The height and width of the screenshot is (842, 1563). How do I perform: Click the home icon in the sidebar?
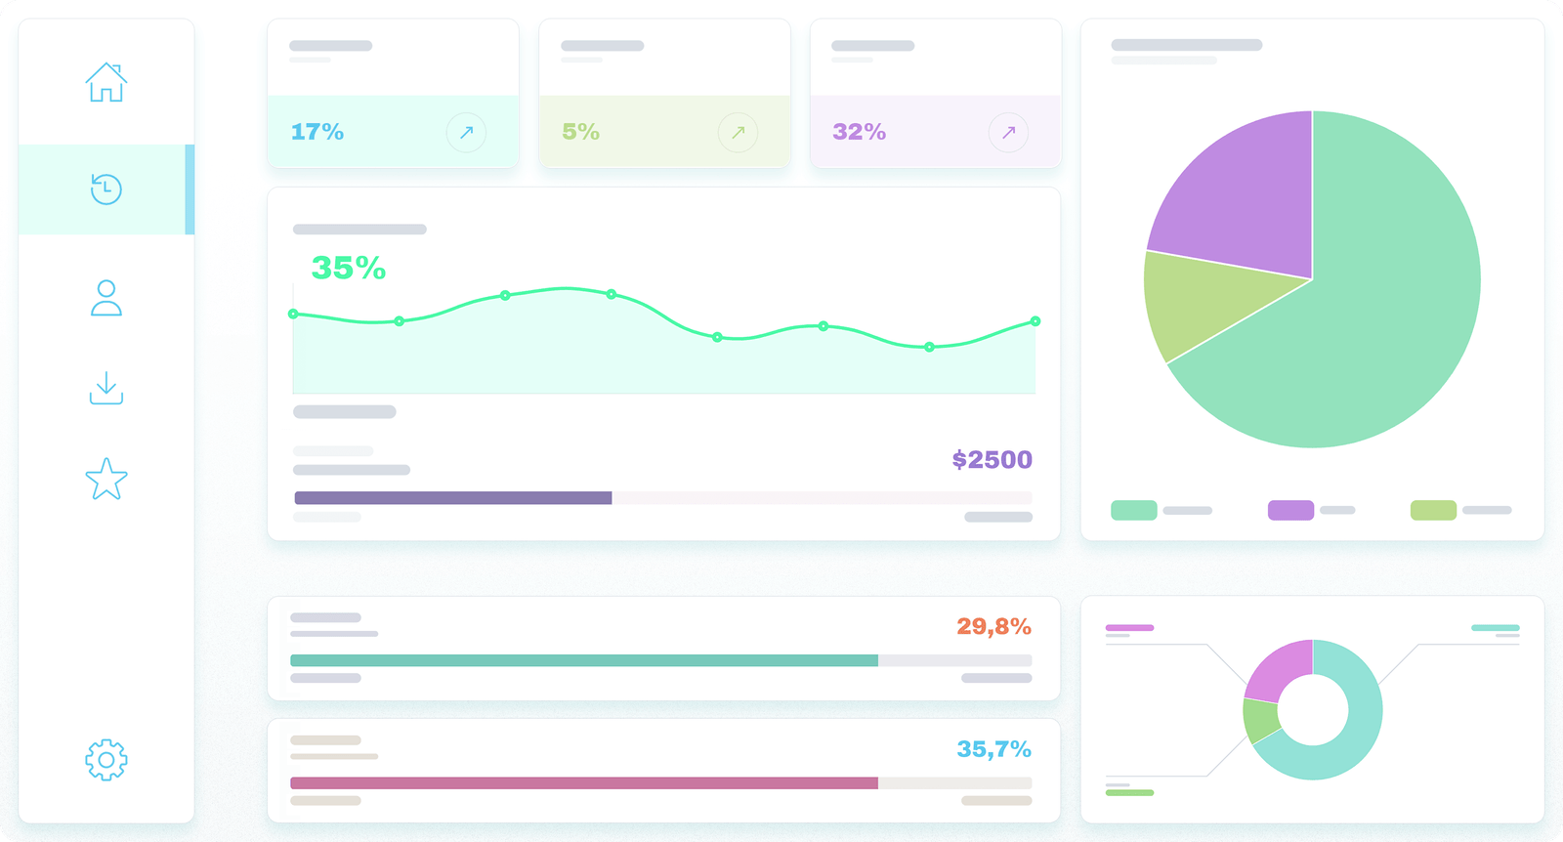(x=106, y=82)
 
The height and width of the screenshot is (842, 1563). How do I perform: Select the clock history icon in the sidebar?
(x=106, y=189)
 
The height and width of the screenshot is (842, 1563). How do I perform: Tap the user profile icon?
(x=106, y=298)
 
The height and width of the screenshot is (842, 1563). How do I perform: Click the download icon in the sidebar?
(x=106, y=388)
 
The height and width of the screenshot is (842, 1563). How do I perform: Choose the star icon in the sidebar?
(x=106, y=480)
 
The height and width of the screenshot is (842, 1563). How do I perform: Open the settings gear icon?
(x=106, y=759)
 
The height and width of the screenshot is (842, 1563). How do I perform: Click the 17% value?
(x=317, y=132)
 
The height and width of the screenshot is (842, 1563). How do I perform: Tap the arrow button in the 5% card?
(x=738, y=132)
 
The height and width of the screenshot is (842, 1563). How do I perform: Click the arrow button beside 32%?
(x=1008, y=132)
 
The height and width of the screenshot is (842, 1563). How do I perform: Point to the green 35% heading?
(x=349, y=268)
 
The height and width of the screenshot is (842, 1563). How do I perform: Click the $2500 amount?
(x=992, y=459)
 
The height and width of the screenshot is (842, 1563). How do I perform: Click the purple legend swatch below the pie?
(x=1290, y=510)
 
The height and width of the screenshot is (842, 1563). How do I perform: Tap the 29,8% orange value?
(x=993, y=626)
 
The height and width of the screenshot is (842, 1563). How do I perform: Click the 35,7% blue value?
(x=993, y=749)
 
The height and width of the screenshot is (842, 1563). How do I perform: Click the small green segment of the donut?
(x=1258, y=721)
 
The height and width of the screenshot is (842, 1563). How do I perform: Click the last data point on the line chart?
(x=1035, y=321)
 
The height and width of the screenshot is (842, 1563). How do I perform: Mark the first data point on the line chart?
(x=293, y=314)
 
